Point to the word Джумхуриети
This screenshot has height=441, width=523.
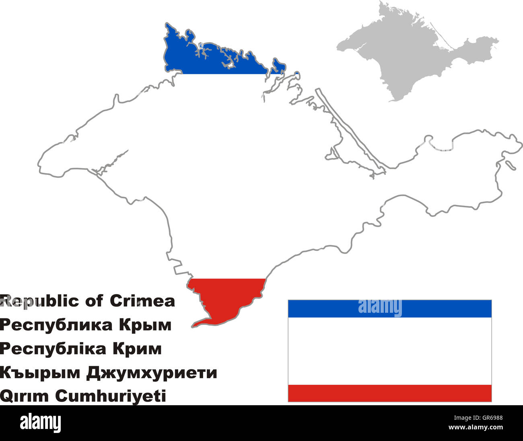(152, 373)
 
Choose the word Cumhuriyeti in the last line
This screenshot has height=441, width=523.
(110, 396)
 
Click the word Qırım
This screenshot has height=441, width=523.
(25, 396)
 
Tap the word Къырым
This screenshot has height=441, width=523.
(40, 373)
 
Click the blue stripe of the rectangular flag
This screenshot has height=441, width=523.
(389, 308)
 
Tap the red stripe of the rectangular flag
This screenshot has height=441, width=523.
(389, 393)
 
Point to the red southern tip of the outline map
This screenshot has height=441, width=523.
(225, 297)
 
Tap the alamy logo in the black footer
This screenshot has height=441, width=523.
(40, 423)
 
